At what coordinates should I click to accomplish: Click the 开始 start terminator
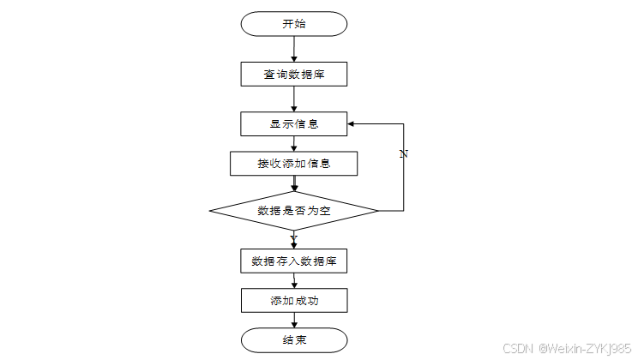pos(293,24)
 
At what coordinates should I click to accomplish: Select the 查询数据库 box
pos(293,75)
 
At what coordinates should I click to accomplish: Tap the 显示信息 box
pos(293,124)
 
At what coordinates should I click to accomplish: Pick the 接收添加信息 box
pos(293,164)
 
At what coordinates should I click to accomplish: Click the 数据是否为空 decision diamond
pos(293,211)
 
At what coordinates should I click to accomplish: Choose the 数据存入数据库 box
pos(293,261)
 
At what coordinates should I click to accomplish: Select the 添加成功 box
pos(294,301)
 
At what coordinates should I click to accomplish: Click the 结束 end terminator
pos(294,340)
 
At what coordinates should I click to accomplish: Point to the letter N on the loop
pos(404,154)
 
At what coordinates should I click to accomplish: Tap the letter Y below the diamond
pos(293,238)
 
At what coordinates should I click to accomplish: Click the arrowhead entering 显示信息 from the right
pos(351,123)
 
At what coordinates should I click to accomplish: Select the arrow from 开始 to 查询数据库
pos(294,49)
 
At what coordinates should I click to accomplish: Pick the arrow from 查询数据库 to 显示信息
pos(294,99)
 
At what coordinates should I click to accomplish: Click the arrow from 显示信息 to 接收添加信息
pos(294,144)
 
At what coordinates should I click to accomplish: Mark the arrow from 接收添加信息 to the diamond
pos(294,183)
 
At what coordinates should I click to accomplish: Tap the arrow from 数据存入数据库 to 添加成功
pos(294,281)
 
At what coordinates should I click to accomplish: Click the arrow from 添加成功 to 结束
pos(294,321)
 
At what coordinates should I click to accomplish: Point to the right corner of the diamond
pos(378,211)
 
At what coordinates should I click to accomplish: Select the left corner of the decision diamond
pos(209,211)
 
